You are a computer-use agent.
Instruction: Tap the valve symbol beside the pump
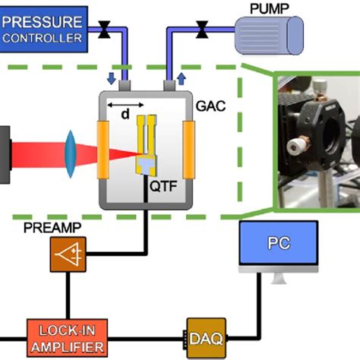tap(202, 31)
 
